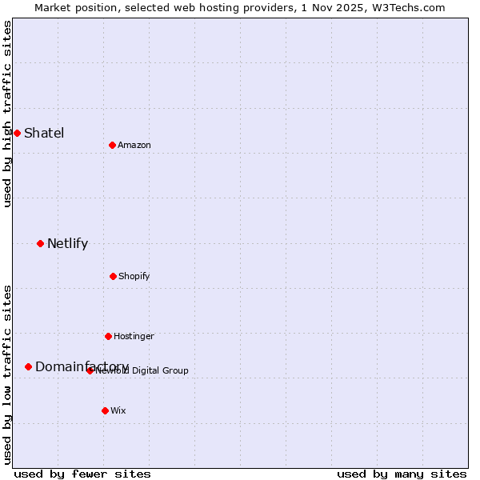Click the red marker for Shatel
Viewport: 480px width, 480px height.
click(x=17, y=133)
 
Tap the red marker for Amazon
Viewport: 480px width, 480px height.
click(x=112, y=145)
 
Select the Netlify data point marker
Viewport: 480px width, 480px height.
click(x=40, y=243)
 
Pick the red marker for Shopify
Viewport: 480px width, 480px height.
click(x=113, y=276)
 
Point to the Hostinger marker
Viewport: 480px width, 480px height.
click(x=108, y=336)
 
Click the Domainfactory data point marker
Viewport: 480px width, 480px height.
click(x=28, y=366)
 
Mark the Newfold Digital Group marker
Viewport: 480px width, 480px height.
click(x=90, y=370)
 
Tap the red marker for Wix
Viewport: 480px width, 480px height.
click(x=105, y=410)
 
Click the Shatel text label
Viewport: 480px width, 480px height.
click(x=44, y=133)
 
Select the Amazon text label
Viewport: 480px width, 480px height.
click(x=134, y=145)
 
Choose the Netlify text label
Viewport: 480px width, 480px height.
click(x=67, y=243)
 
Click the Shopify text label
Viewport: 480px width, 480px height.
click(x=134, y=276)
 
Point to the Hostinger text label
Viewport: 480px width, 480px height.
click(x=134, y=336)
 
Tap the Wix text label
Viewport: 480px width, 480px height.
click(x=118, y=410)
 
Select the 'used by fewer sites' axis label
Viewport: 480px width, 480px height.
click(x=82, y=474)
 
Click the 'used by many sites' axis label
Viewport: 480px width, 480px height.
click(x=402, y=474)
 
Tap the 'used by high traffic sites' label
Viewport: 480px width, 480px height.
click(x=7, y=114)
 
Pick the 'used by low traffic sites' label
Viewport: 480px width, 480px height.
click(x=7, y=374)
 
